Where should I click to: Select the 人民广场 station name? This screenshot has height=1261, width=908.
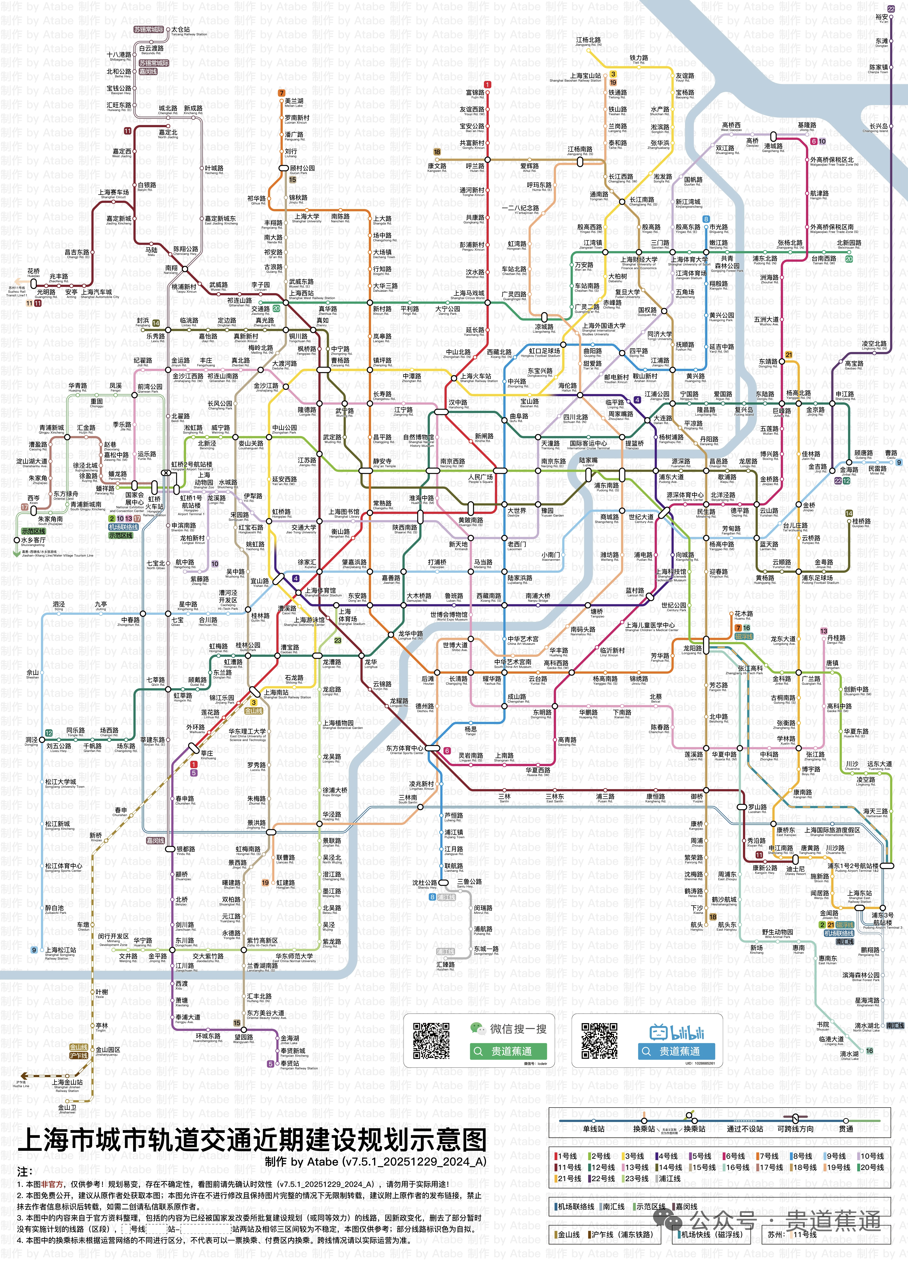tap(480, 477)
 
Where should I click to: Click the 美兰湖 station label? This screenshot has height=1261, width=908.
tap(294, 101)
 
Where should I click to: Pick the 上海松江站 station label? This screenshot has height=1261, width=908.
tap(60, 950)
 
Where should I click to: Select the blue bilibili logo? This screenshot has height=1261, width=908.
tap(677, 1032)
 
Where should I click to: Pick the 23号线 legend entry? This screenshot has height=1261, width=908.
tap(636, 1178)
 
